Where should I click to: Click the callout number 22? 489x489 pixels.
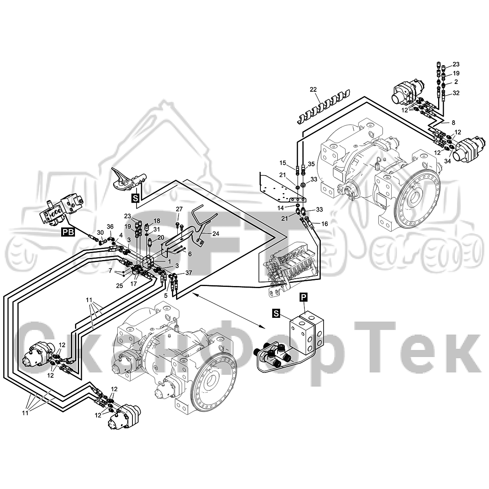[x=313, y=90]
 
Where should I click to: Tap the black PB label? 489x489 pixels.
[x=68, y=232]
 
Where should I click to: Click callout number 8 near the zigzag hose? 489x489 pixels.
[x=453, y=123]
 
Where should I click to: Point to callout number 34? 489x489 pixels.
[x=447, y=161]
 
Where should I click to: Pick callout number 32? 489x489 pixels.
[x=456, y=93]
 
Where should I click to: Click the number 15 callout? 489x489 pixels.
[x=283, y=163]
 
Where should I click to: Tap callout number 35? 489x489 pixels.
[x=311, y=164]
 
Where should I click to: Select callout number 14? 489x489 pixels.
[x=280, y=208]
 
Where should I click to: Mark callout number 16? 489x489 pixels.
[x=324, y=224]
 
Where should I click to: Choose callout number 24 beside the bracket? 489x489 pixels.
[x=216, y=233]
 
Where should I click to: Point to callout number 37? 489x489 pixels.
[x=189, y=273]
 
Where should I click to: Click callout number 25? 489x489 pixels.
[x=119, y=286]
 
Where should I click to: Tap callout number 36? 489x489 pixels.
[x=110, y=226]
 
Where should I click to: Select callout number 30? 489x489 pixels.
[x=101, y=232]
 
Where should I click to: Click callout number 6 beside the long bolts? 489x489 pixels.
[x=190, y=254]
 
